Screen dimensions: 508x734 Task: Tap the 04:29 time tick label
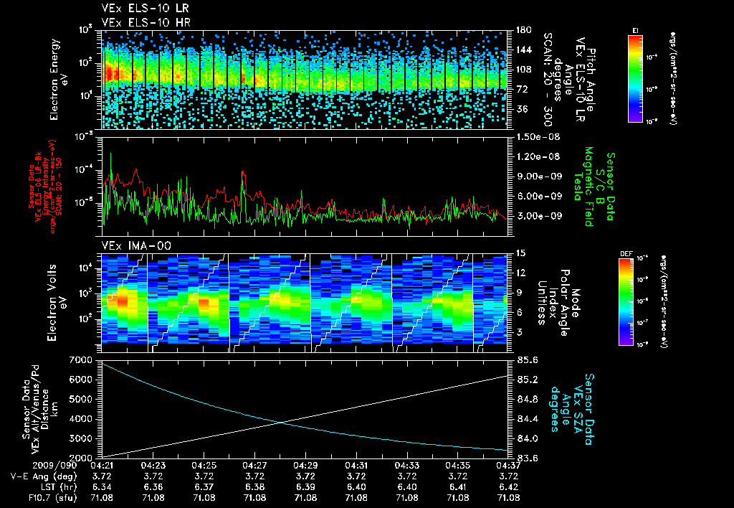(x=306, y=465)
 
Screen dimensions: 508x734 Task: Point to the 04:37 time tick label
(x=508, y=465)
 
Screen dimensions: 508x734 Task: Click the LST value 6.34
(x=104, y=486)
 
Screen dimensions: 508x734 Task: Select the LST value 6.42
(x=508, y=486)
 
